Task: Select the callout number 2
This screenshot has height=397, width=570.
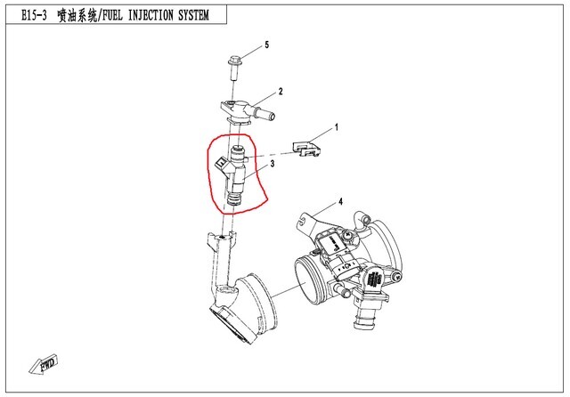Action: [280, 91]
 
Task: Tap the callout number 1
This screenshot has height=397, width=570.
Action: [337, 127]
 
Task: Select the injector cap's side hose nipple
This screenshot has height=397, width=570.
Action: [265, 114]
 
